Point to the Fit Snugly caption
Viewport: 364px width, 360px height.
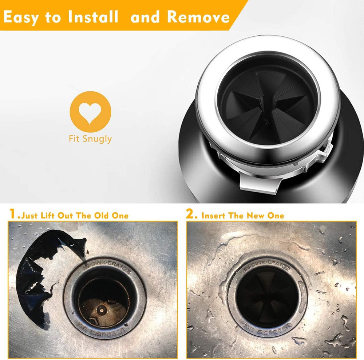point(90,139)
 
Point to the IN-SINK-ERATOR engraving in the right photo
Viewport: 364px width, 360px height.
point(267,266)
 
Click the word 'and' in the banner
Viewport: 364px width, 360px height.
point(145,17)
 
